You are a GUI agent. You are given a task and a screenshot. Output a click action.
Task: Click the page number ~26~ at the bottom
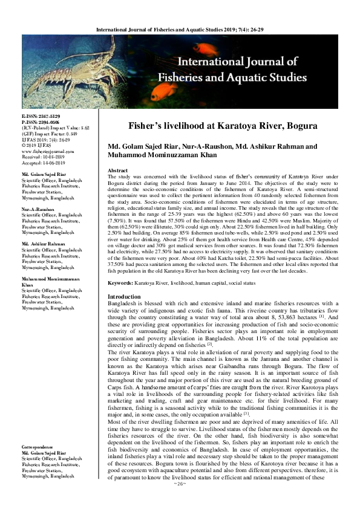pyautogui.click(x=180, y=501)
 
